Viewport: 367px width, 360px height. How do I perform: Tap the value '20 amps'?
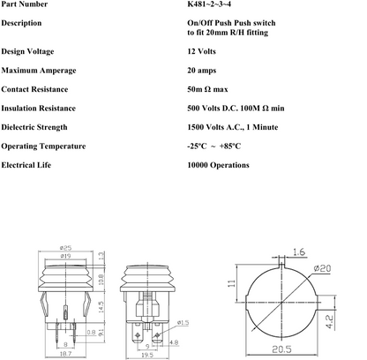205,71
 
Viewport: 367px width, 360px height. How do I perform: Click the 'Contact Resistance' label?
39,89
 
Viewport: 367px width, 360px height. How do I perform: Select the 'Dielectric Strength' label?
39,127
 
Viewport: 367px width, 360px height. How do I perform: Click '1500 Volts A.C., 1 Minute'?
237,127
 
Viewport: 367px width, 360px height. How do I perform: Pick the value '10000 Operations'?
218,165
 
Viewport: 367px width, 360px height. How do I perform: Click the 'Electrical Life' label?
31,165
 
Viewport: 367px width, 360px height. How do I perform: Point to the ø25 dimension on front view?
66,248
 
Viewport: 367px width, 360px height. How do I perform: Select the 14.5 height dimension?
101,306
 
